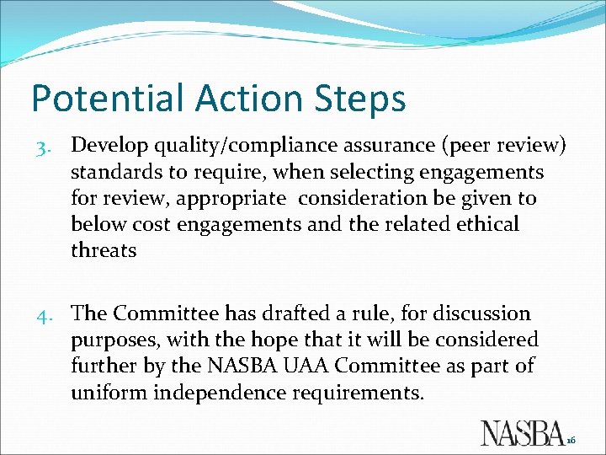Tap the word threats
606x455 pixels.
[104, 251]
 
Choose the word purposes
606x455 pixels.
[115, 341]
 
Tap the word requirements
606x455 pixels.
[368, 393]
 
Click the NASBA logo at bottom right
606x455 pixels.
[522, 431]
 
